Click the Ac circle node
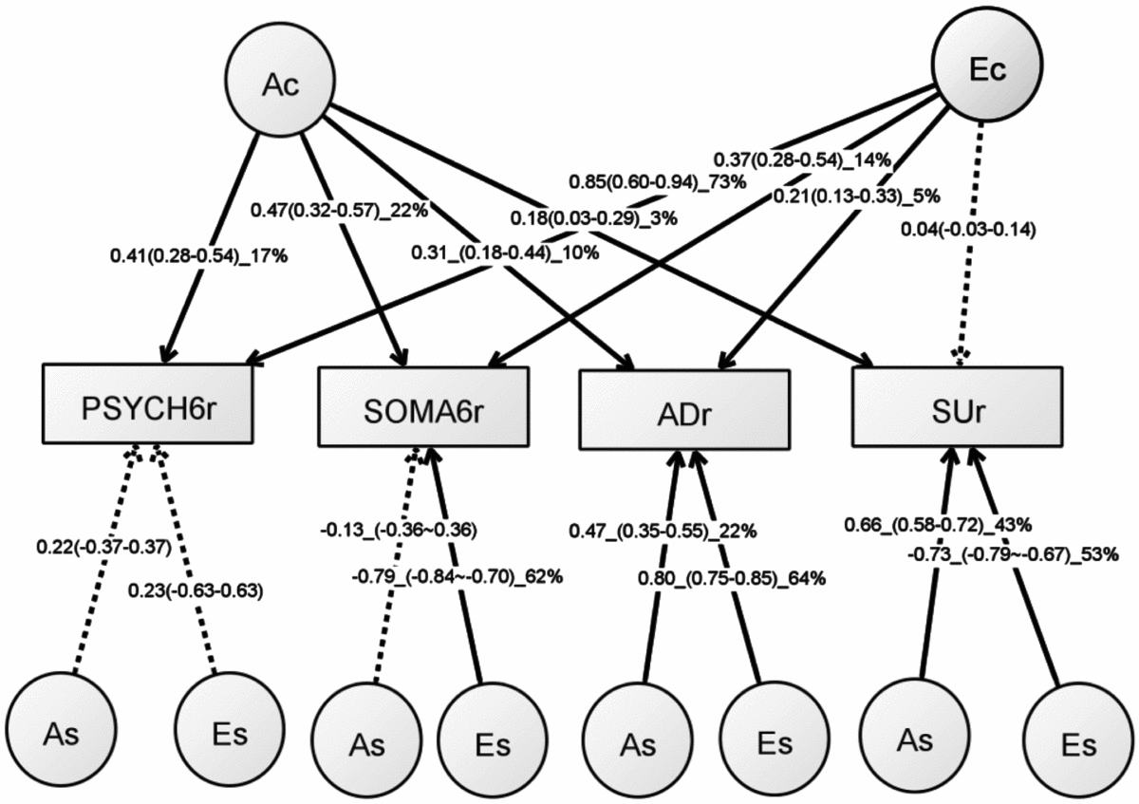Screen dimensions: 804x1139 (x=281, y=84)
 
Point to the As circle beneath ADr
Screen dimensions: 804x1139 (x=635, y=741)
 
